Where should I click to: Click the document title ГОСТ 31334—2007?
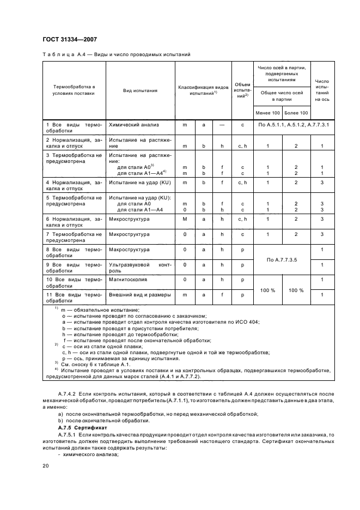[x=70, y=39]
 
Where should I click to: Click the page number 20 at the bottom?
[x=46, y=465]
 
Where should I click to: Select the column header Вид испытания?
[x=140, y=90]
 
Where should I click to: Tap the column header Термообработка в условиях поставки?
[x=74, y=90]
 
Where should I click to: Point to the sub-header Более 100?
[x=296, y=113]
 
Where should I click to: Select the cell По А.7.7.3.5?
[x=282, y=259]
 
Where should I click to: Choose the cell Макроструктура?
[x=130, y=250]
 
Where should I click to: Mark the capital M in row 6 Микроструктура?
[x=185, y=218]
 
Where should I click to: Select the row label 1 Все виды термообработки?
[x=74, y=128]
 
